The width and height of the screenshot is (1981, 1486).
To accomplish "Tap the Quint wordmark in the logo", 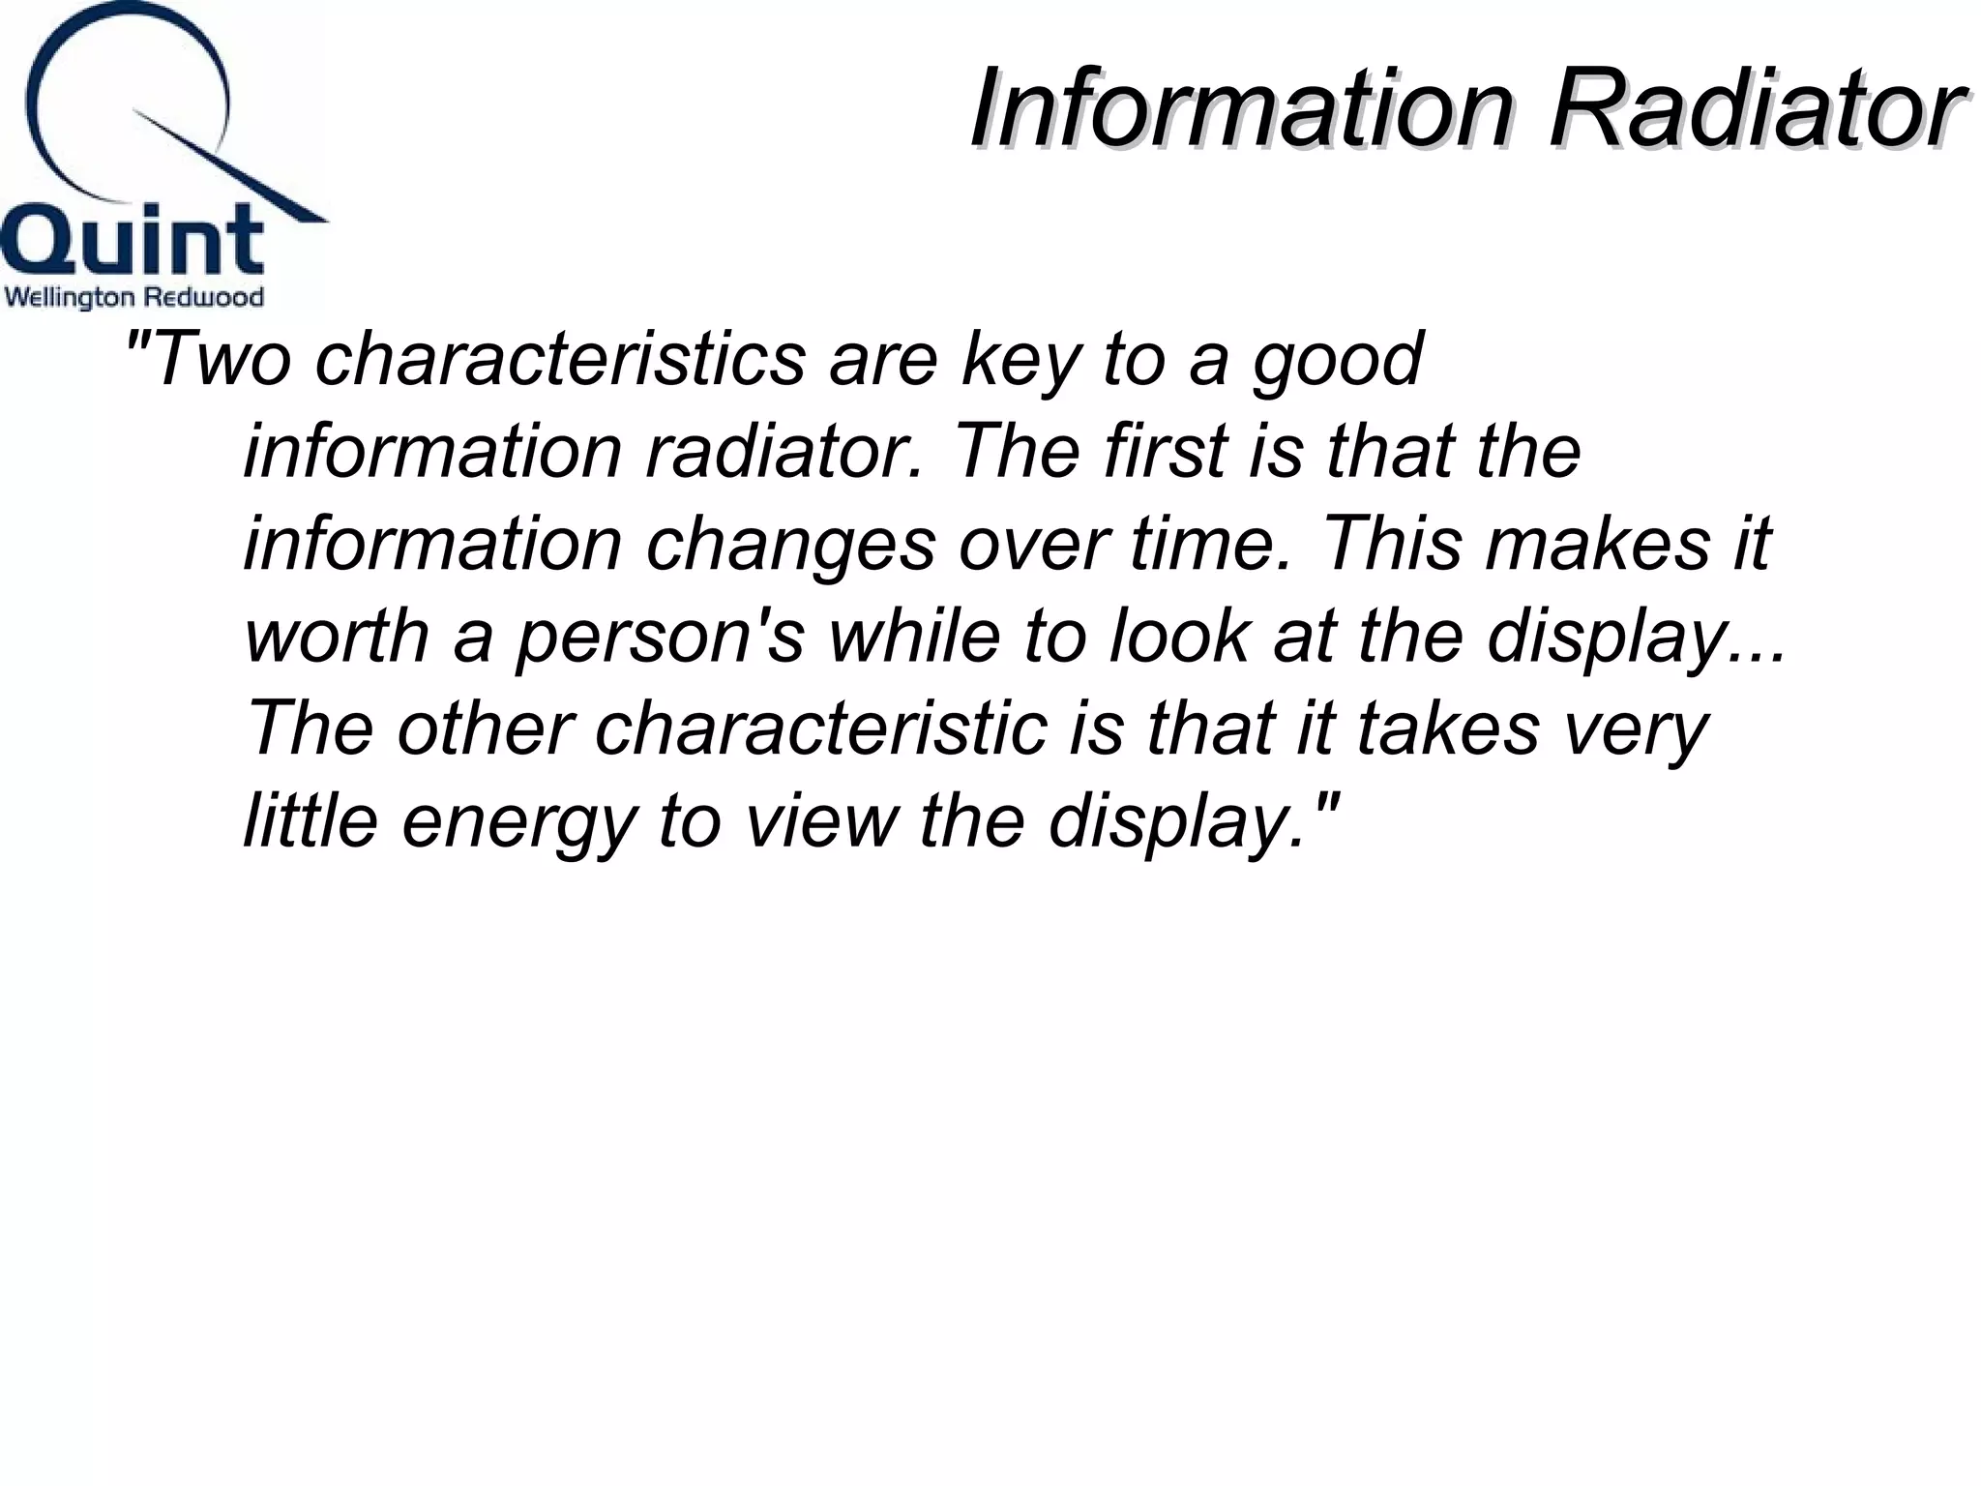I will (133, 240).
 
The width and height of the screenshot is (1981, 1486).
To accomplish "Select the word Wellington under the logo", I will (68, 297).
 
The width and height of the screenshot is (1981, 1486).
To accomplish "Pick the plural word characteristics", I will (560, 359).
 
